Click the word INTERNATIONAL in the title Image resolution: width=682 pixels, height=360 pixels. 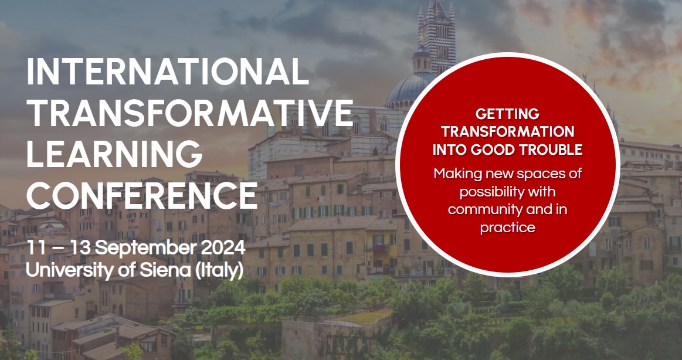click(168, 72)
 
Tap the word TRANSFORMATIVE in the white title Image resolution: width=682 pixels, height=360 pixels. click(189, 113)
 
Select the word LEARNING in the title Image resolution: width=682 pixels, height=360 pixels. click(114, 154)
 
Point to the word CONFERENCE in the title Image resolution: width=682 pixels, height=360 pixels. click(142, 195)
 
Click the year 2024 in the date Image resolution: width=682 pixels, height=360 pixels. click(223, 248)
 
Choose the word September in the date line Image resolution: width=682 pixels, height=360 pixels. click(146, 249)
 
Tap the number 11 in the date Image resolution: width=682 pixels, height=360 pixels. click(35, 248)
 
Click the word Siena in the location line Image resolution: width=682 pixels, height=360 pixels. click(165, 270)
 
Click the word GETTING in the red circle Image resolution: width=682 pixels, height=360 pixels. click(507, 114)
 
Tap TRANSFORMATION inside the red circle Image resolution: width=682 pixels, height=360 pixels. click(508, 131)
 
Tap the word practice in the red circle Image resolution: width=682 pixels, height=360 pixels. click(508, 227)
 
